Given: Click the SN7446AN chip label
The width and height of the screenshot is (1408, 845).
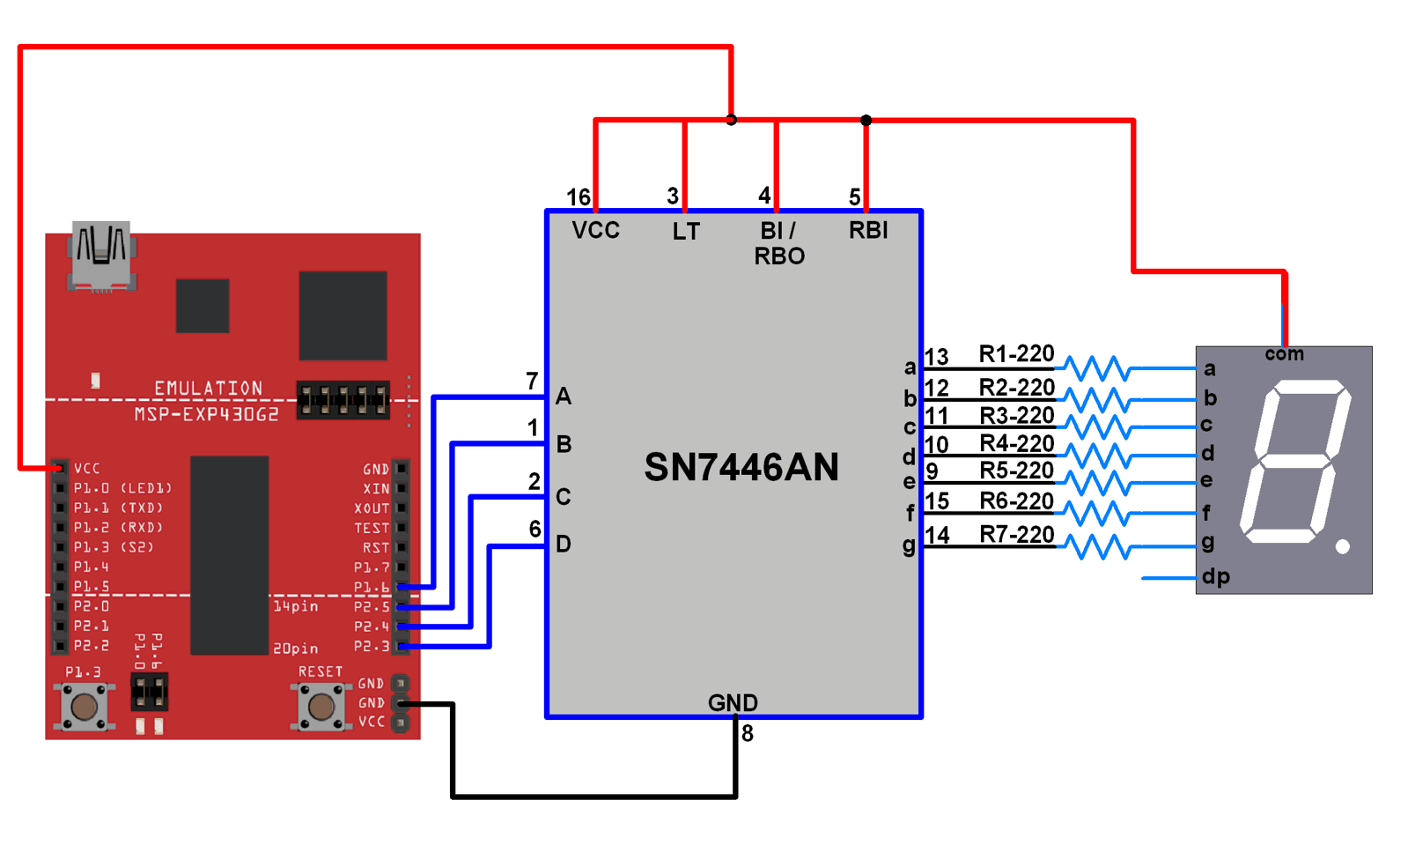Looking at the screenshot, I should coord(741,467).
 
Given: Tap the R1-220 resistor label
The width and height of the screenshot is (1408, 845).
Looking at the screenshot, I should coord(1016,354).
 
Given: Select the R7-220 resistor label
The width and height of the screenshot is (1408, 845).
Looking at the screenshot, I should coord(1016,535).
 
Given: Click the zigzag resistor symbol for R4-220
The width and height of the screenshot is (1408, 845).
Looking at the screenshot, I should coord(1097,456).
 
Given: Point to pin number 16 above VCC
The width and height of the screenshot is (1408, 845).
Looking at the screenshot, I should coord(578,196).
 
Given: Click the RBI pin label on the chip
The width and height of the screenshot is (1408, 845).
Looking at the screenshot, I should coord(868,231).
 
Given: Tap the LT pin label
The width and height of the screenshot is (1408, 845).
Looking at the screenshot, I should coord(686,232).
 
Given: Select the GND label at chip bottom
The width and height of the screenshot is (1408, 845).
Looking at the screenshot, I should coord(733,702).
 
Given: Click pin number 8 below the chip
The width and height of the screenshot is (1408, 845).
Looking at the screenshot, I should coord(748,734).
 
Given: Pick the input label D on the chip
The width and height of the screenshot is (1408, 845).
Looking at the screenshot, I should coord(564,545).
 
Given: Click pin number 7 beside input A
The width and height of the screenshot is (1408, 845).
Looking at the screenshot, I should coord(532,382).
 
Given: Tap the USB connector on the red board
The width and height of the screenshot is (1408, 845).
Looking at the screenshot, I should coord(101,256).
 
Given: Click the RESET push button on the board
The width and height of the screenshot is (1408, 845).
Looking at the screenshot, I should coord(321,706).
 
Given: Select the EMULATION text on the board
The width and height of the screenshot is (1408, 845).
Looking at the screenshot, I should coord(208,389).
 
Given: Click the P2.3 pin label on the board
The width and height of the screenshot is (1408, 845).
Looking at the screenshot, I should coord(371,647).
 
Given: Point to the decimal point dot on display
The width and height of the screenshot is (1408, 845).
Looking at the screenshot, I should coord(1343,547).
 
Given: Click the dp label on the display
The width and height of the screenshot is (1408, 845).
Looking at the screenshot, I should coord(1216,577).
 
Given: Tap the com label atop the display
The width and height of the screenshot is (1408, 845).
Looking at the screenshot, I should coord(1284,354).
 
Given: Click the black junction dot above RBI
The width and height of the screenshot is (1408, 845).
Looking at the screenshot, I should coord(866,120).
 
